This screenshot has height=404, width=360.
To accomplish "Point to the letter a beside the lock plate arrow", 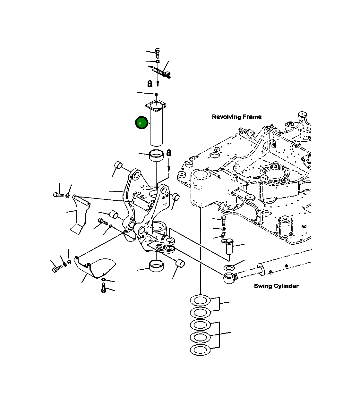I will coord(150,83).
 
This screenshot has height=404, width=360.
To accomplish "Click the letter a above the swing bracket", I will coord(169,153).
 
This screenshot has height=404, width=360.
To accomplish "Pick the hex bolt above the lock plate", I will coord(157,53).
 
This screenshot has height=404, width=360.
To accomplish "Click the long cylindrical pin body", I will coord(157,128).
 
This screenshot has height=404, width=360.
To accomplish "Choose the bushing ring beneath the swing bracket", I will coord(156,266).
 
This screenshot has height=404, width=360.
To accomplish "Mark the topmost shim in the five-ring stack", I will coord(200,300).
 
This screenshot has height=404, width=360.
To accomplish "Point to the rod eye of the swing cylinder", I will coord(229,278).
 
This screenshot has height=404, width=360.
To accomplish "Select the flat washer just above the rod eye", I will coord(229,268).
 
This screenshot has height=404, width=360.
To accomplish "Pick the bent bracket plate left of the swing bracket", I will coord(79,215).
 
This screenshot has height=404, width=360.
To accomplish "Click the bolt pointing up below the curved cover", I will coord(103,288).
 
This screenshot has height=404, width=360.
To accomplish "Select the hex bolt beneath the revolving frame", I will coord(224,221).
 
